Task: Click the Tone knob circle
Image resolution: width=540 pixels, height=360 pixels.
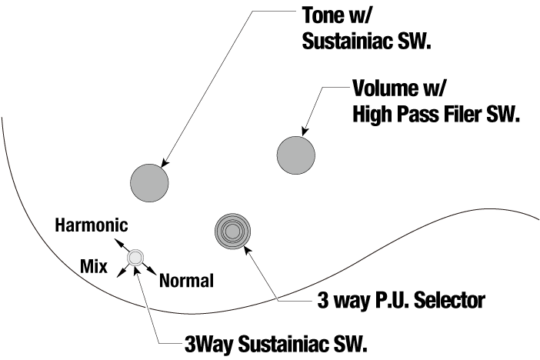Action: click(149, 182)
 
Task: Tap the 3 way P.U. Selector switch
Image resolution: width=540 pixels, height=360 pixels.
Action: click(234, 231)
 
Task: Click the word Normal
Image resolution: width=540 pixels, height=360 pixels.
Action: click(185, 281)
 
